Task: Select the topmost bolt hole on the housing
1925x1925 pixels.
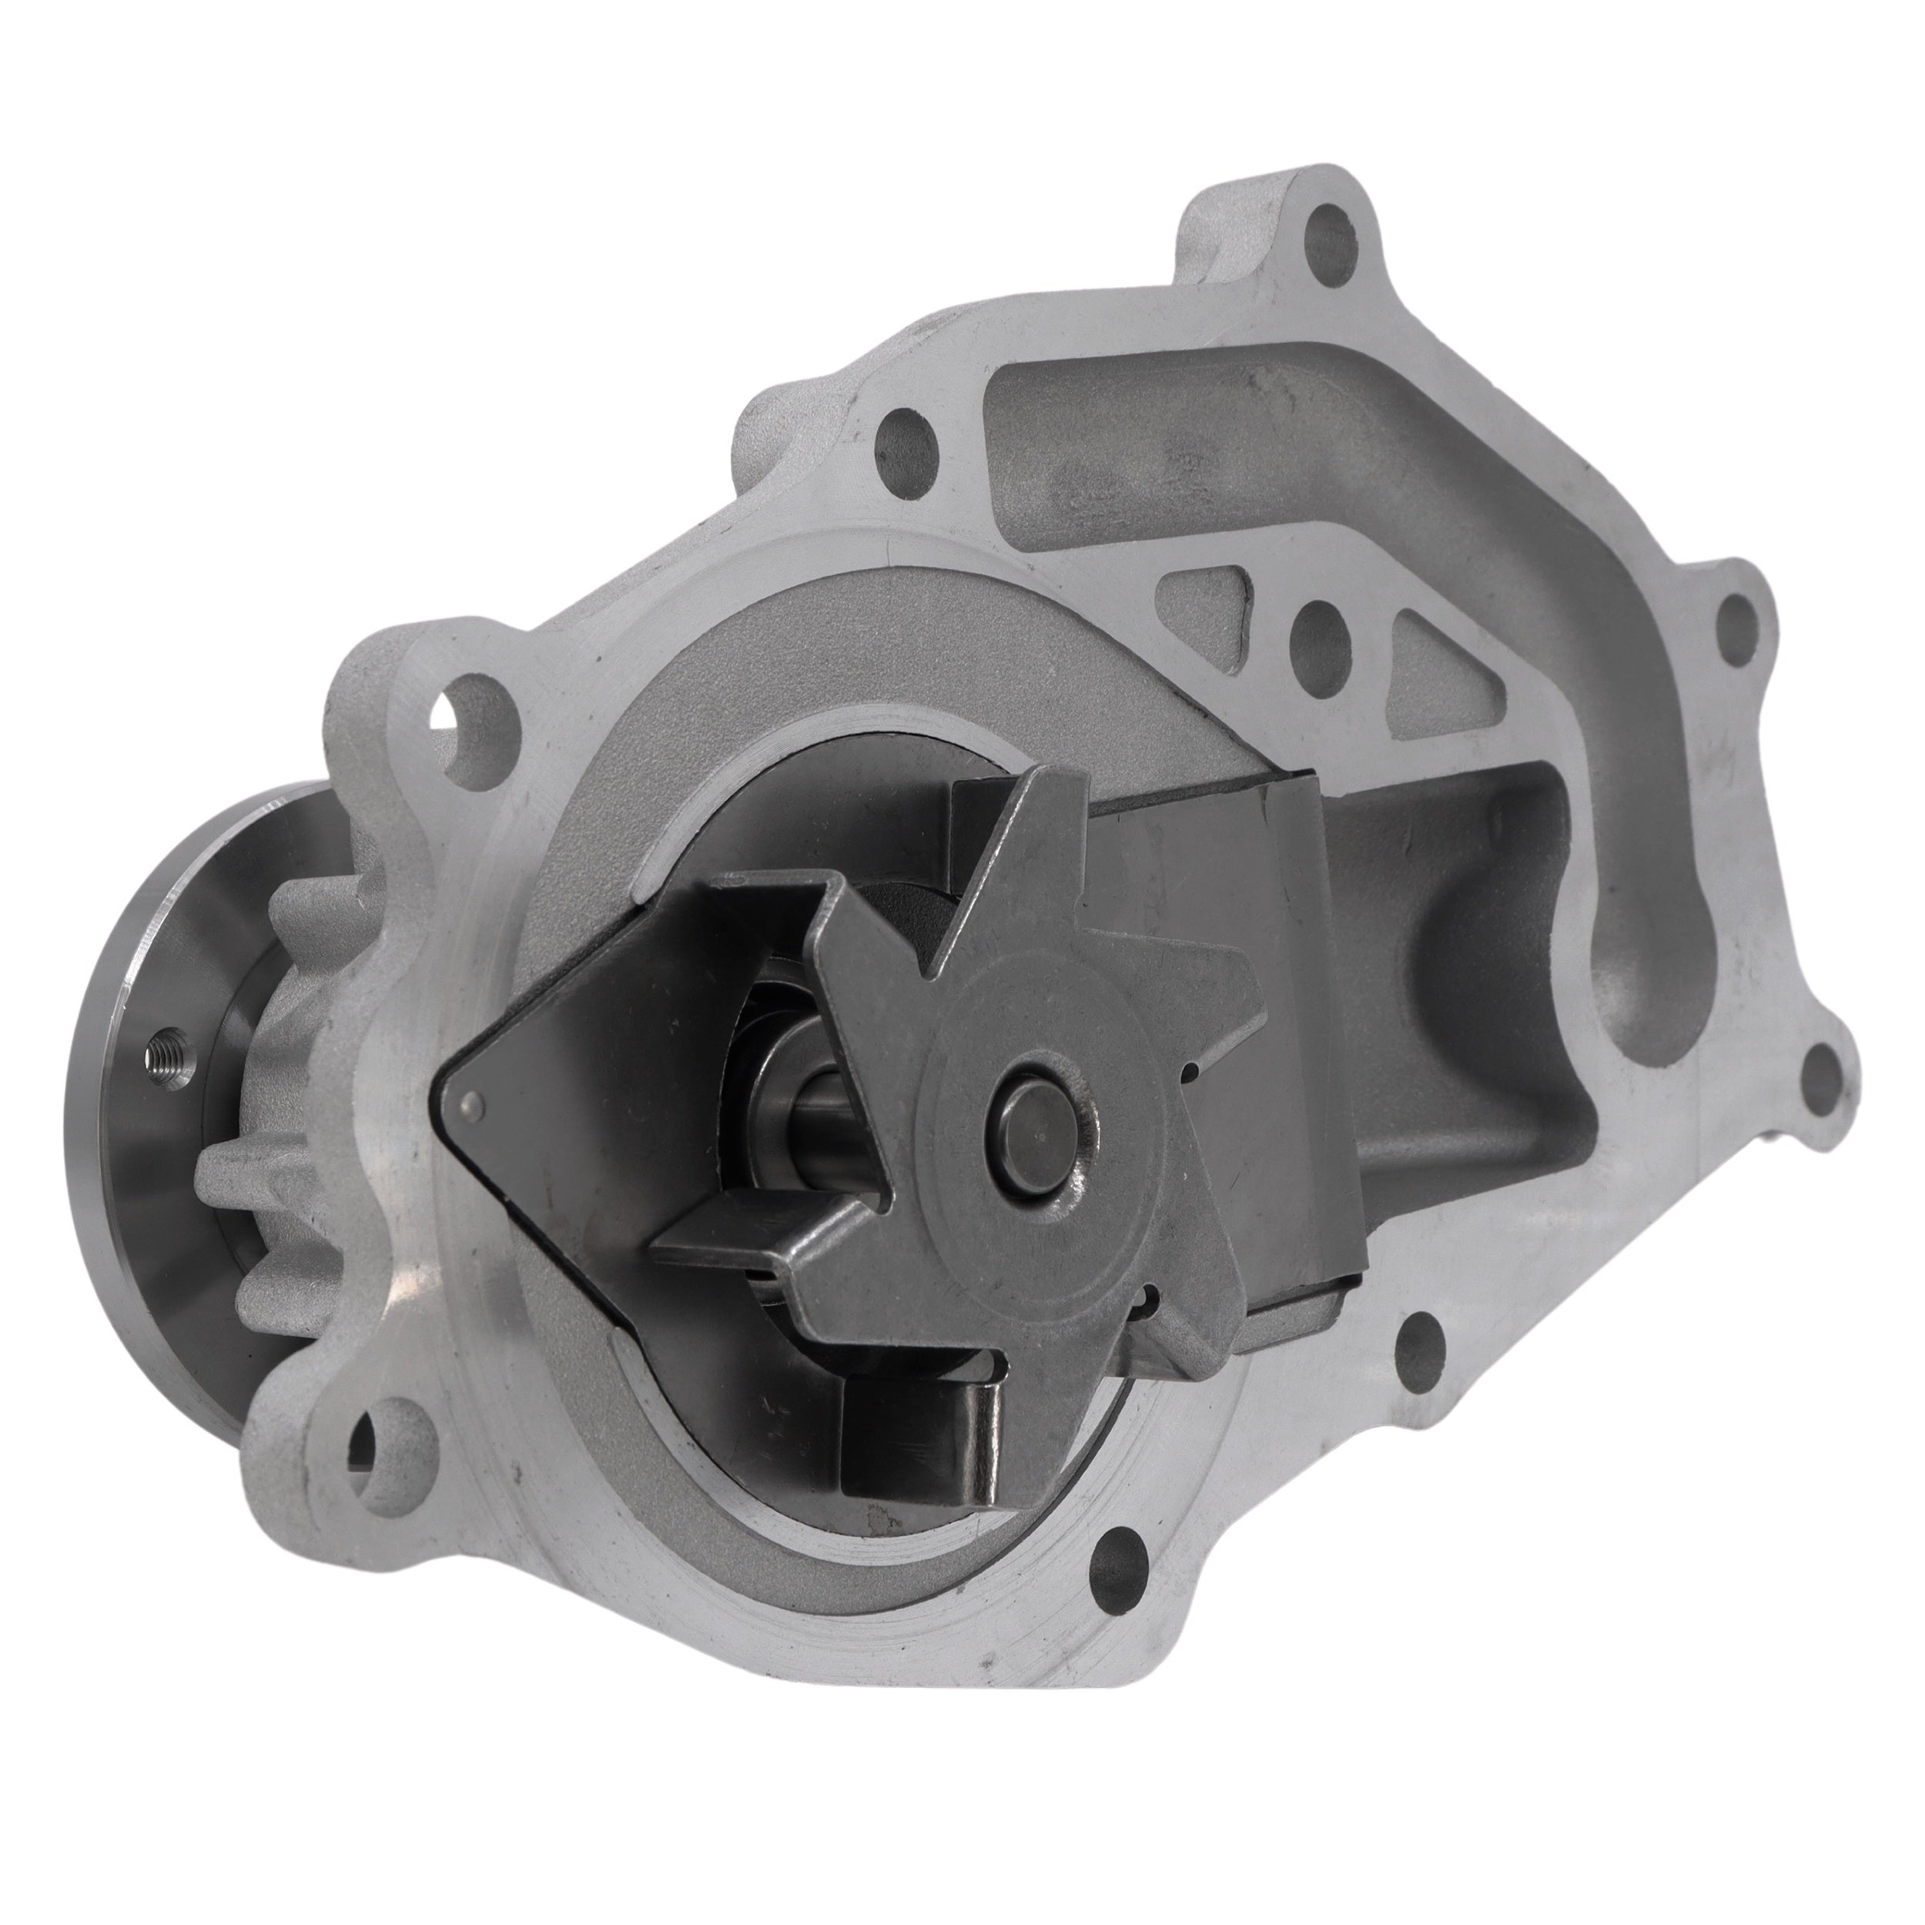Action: tap(1329, 236)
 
